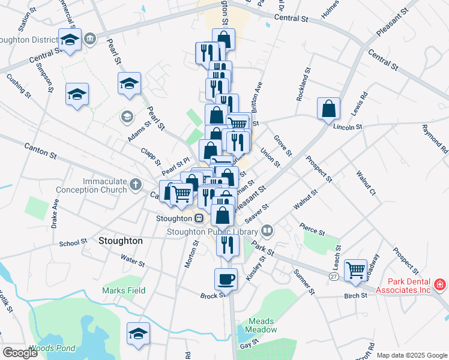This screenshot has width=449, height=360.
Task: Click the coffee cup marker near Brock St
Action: [226, 279]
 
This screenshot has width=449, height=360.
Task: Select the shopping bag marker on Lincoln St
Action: [329, 109]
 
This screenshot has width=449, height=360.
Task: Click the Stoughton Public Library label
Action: [212, 231]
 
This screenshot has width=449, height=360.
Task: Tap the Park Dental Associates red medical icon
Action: [440, 283]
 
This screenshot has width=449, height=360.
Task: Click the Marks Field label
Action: [124, 290]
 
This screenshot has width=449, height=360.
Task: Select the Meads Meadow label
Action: [262, 325]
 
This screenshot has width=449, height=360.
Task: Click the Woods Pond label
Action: [52, 348]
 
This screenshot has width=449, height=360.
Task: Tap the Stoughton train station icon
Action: [198, 218]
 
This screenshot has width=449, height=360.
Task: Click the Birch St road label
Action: [355, 296]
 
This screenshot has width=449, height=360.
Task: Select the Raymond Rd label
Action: [435, 139]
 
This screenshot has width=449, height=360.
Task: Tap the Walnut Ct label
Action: [365, 184]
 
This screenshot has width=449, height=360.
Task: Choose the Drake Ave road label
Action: [55, 214]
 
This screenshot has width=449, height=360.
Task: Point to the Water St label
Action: [133, 262]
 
